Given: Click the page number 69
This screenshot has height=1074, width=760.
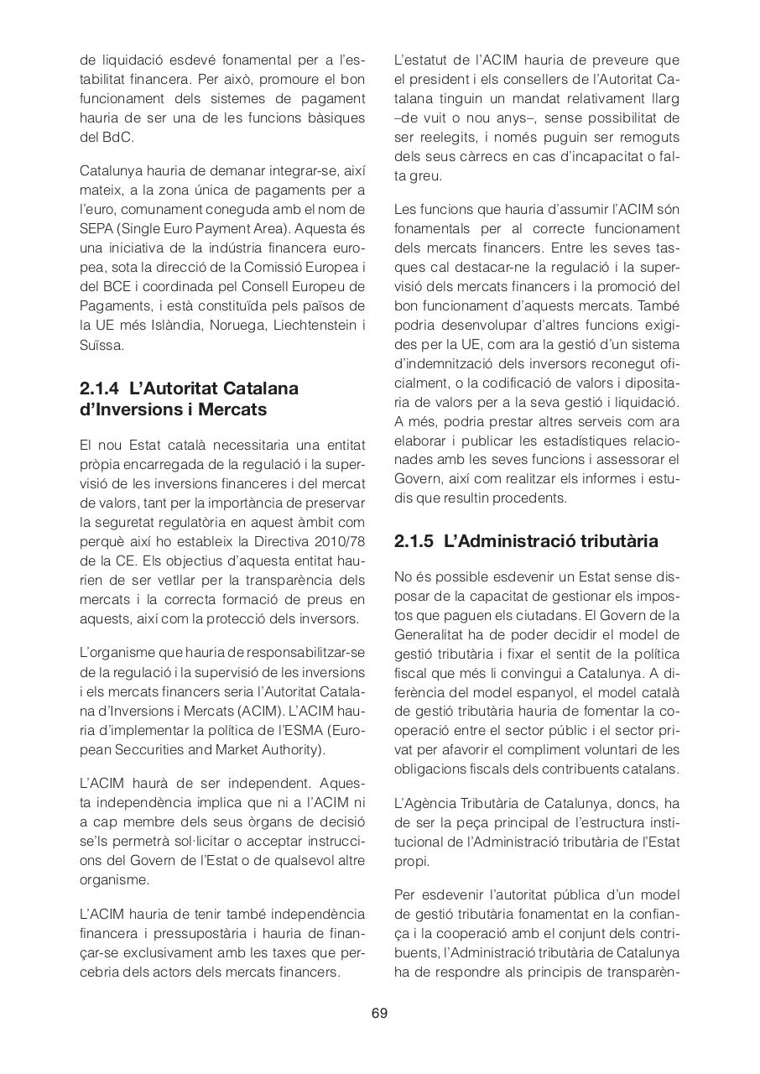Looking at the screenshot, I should [x=379, y=1013].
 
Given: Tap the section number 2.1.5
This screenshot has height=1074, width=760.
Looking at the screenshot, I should [x=414, y=541].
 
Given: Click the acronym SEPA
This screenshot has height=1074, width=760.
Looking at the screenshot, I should [x=96, y=227].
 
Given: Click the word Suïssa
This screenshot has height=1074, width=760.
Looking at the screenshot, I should [x=102, y=344].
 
